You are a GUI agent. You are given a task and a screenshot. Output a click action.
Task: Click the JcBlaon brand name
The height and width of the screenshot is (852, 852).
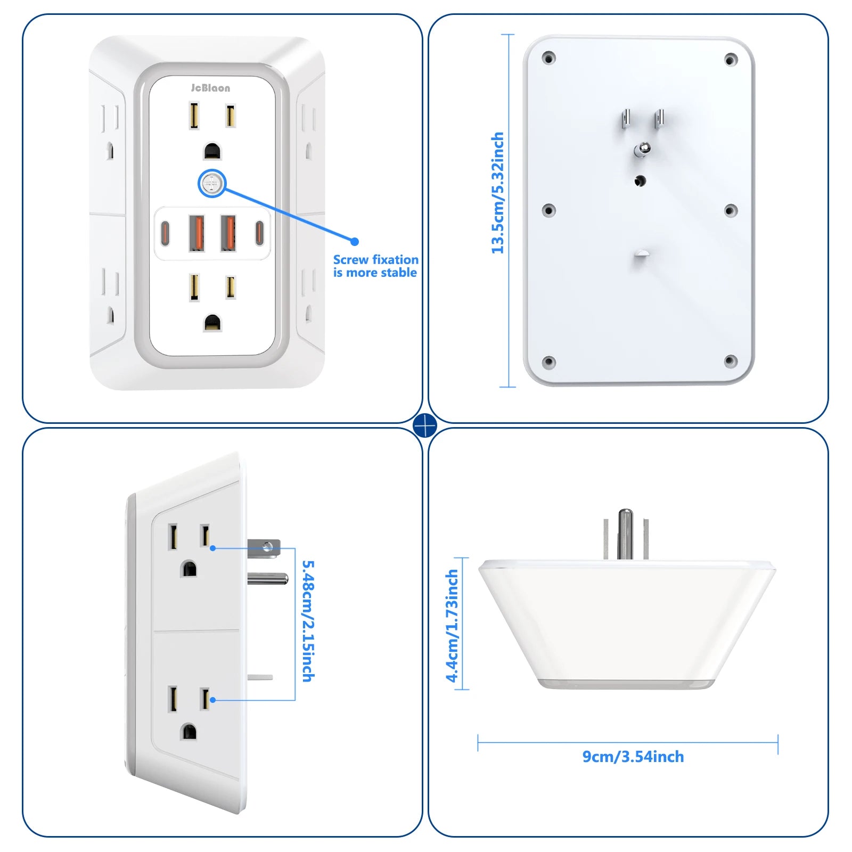click(x=211, y=88)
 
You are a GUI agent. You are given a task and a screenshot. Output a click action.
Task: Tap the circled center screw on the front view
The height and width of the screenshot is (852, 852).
click(x=212, y=184)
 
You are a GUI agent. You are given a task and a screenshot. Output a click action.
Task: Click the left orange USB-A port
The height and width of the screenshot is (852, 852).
click(x=196, y=233)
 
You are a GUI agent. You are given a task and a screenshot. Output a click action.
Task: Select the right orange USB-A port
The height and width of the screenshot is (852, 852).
click(x=228, y=233)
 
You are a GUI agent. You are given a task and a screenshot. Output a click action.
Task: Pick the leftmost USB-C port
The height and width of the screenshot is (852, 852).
click(x=165, y=233)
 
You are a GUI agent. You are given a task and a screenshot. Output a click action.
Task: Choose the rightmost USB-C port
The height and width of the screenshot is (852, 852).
click(x=259, y=233)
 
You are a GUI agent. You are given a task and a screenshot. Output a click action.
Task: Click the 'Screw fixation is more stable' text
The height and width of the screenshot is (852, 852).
click(x=375, y=266)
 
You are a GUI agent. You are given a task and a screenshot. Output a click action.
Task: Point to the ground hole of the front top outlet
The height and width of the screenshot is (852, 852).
click(x=212, y=151)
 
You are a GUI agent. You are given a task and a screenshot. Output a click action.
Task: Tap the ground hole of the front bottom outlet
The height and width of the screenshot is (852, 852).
click(x=212, y=323)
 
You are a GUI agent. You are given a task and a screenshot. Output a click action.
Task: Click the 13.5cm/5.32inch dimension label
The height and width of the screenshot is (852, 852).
click(x=497, y=193)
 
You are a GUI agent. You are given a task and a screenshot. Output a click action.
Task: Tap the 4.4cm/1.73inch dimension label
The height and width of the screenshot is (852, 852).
click(x=452, y=626)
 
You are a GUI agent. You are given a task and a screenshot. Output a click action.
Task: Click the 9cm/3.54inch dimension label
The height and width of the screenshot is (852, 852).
click(x=633, y=757)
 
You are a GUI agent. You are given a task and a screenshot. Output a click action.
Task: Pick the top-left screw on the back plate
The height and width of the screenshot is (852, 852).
click(x=548, y=58)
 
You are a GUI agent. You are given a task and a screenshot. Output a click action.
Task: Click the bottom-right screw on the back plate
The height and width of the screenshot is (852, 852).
click(x=731, y=362)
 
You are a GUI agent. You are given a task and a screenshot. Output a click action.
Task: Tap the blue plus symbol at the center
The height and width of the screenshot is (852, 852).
click(x=425, y=425)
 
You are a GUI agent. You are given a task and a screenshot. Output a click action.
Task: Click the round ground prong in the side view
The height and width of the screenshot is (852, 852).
click(x=268, y=578)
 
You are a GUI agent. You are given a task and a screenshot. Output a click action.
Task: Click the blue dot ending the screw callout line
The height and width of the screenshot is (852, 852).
click(x=355, y=242)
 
